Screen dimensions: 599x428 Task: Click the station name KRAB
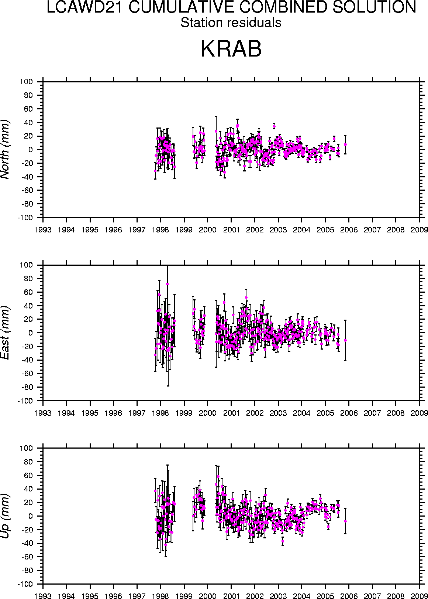231,49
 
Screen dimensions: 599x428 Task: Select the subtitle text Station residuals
231,23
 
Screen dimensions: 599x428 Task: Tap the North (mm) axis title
5,149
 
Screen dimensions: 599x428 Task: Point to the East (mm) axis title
5,333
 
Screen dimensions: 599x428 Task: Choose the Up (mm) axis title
5,516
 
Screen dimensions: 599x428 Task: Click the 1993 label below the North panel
43,230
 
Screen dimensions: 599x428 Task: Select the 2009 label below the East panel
419,413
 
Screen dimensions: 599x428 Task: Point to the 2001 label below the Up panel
231,596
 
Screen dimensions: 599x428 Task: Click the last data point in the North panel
345,144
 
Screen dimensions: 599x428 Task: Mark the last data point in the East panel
345,340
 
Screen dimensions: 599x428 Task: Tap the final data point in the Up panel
345,521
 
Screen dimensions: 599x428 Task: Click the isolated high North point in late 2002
274,126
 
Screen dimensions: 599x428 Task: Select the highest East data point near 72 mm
167,284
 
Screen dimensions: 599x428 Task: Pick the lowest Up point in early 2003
283,541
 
